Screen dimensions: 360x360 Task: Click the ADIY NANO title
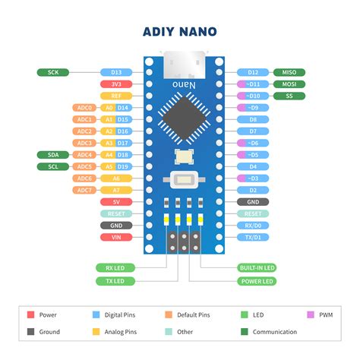180,31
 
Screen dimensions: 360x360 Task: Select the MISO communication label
289,72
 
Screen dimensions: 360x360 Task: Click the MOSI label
289,84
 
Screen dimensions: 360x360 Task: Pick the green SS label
289,96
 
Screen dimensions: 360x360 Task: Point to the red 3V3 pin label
116,84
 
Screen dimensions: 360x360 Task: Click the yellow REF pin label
116,96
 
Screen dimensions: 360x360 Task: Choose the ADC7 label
84,190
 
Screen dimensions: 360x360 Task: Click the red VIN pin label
116,237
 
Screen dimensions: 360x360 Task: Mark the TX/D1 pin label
253,237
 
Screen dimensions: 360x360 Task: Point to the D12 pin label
253,72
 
